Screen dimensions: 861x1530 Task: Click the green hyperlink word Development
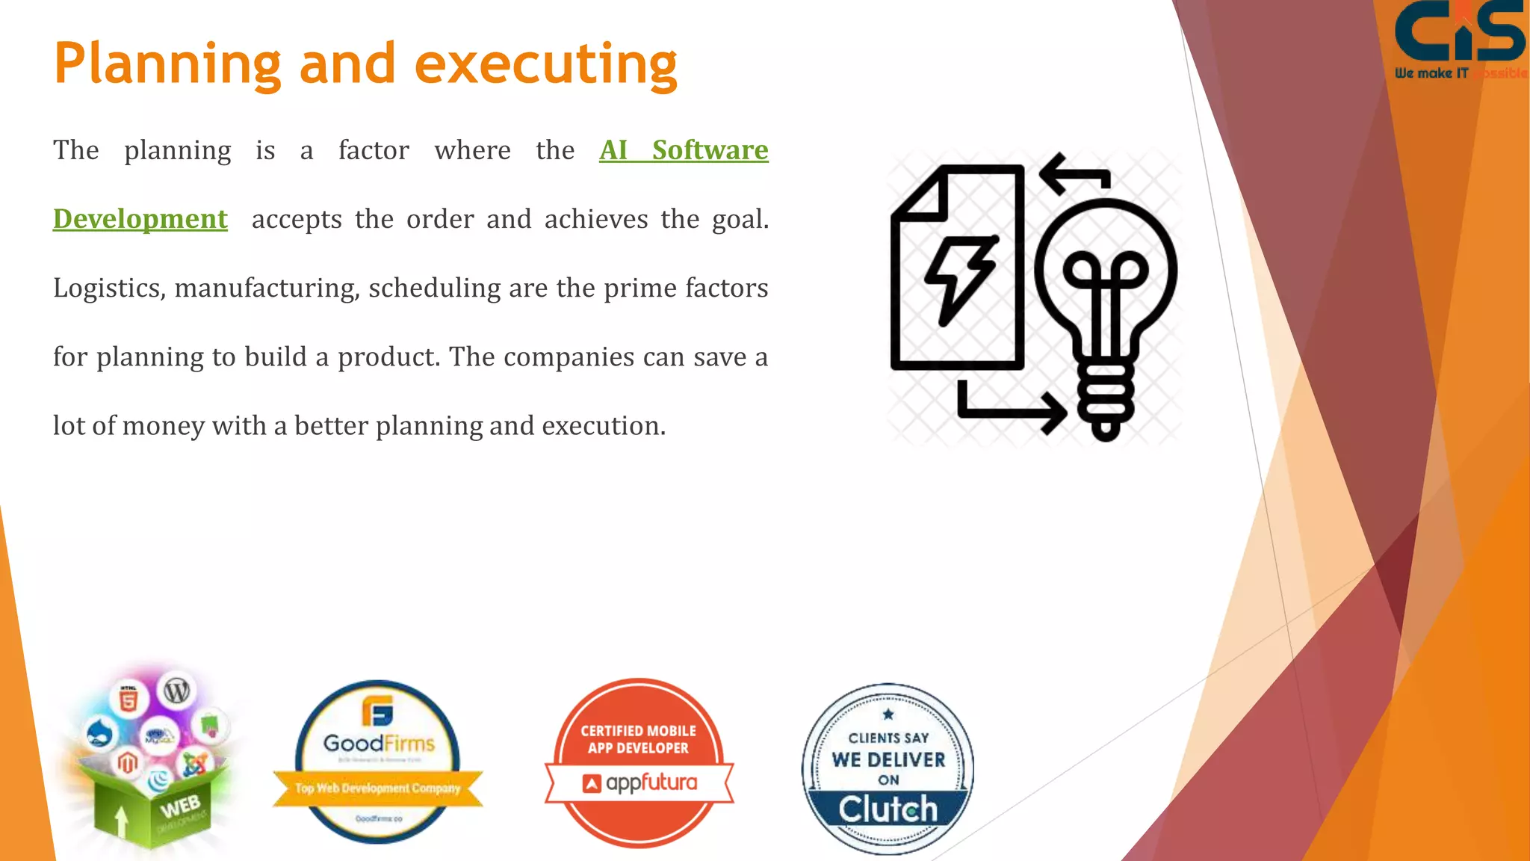pyautogui.click(x=140, y=219)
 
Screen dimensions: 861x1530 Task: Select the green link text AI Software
pyautogui.click(x=684, y=150)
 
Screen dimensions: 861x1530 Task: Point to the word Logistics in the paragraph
pyautogui.click(x=109, y=288)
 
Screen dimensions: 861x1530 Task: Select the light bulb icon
pyautogui.click(x=1106, y=314)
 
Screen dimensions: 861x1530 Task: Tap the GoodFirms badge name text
pyautogui.click(x=379, y=744)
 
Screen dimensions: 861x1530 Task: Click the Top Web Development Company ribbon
pyautogui.click(x=377, y=789)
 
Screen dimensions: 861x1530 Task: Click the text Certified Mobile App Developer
pyautogui.click(x=639, y=739)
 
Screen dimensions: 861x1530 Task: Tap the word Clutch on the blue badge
pyautogui.click(x=888, y=809)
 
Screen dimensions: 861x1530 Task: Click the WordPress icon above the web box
pyautogui.click(x=176, y=691)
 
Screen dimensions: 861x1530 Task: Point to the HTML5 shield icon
pyautogui.click(x=128, y=700)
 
